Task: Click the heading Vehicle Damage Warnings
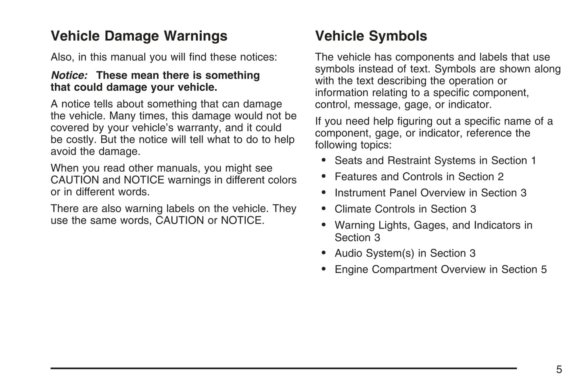click(x=139, y=36)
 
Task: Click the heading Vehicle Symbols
click(x=371, y=36)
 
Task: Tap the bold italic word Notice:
click(x=69, y=75)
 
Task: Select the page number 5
click(x=559, y=370)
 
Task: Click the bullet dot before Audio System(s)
click(x=324, y=253)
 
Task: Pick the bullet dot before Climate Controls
click(x=324, y=208)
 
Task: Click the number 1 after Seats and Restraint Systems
click(x=533, y=161)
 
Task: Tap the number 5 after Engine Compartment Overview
click(x=544, y=270)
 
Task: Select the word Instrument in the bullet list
click(x=359, y=193)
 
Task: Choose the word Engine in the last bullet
click(x=351, y=270)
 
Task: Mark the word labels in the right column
click(x=493, y=57)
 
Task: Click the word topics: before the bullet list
click(x=373, y=145)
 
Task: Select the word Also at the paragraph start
click(x=62, y=57)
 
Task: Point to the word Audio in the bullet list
click(x=349, y=254)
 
